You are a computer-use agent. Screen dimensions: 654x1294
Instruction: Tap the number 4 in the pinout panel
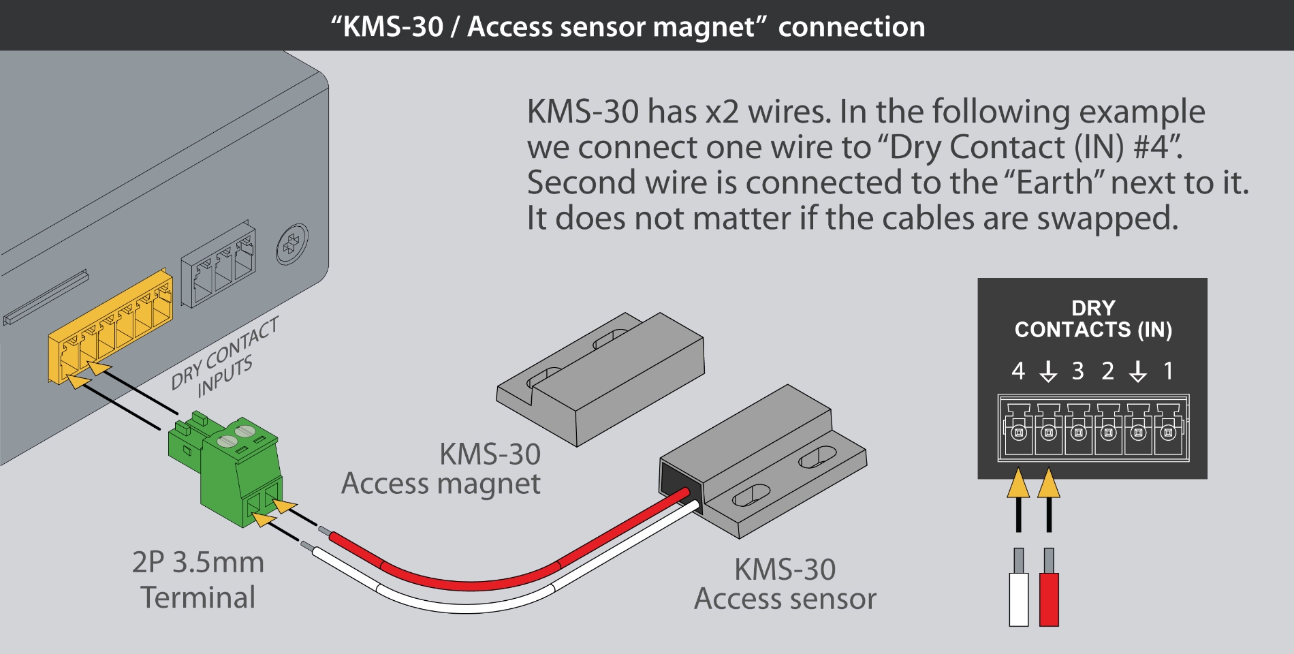(1018, 371)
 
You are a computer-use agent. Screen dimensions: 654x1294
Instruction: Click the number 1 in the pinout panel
(1169, 371)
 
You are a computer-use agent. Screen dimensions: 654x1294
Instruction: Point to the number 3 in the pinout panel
(1077, 371)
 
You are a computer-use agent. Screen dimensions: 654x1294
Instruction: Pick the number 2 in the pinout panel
(1108, 371)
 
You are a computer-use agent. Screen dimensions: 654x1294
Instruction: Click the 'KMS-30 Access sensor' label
(785, 584)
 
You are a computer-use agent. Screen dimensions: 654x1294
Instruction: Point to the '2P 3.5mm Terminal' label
(198, 580)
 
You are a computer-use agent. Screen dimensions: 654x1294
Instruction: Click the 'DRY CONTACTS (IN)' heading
(1093, 319)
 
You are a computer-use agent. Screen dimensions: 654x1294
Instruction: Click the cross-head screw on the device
(291, 244)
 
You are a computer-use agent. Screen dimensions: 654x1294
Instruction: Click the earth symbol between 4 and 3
(1048, 371)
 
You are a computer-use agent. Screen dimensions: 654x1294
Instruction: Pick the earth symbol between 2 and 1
(1138, 371)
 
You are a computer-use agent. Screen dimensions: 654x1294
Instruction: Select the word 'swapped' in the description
(1107, 219)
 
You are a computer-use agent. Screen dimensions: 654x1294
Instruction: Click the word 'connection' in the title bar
(851, 27)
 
